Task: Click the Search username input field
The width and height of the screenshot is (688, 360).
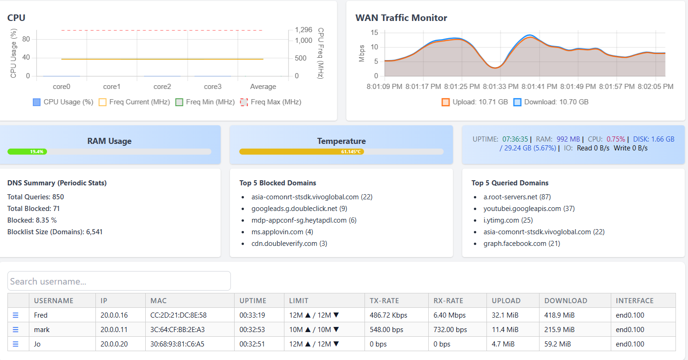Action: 119,281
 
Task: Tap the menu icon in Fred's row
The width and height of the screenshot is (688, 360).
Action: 15,315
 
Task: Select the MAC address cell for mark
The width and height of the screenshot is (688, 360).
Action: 177,330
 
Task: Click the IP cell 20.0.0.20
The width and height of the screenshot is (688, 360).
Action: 114,344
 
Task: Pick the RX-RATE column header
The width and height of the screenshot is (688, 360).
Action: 448,301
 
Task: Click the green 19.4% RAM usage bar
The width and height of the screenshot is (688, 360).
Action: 27,151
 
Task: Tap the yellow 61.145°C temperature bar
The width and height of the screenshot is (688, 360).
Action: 301,151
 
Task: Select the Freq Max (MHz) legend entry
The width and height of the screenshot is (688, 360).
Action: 270,102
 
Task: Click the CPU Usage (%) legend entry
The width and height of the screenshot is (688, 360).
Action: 63,102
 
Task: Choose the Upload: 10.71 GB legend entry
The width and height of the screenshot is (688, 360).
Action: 474,102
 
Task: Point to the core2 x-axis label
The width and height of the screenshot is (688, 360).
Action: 162,87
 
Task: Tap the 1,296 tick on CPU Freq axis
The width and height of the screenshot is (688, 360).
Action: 304,30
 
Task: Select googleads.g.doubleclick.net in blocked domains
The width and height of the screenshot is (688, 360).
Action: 294,209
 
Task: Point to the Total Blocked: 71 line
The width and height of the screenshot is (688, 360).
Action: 34,209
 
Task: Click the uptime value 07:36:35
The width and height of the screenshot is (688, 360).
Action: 515,139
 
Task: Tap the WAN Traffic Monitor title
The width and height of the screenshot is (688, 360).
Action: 401,18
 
